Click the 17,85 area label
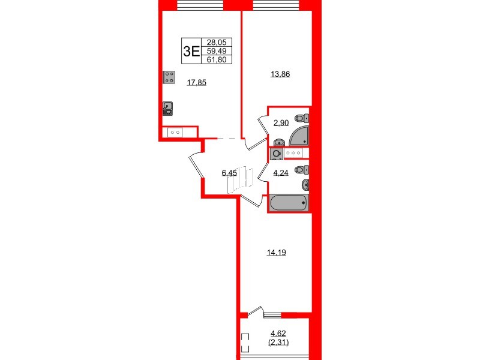[x=197, y=82]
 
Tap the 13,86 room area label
[x=280, y=74]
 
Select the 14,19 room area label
[x=277, y=253]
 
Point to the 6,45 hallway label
[x=229, y=173]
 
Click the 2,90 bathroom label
[x=281, y=123]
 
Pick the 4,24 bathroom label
[x=281, y=173]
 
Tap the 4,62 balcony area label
[x=278, y=334]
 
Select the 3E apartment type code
[x=191, y=51]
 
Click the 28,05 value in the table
[x=217, y=42]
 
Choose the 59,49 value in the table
[x=217, y=51]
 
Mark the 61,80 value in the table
[x=217, y=59]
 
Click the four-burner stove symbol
[x=169, y=77]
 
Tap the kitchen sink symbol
[x=167, y=109]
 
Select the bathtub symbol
[x=289, y=202]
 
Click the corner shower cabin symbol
[x=299, y=136]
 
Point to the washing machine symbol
[x=277, y=154]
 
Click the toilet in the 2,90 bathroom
[x=302, y=118]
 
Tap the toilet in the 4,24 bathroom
[x=302, y=169]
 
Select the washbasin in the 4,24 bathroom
[x=305, y=185]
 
